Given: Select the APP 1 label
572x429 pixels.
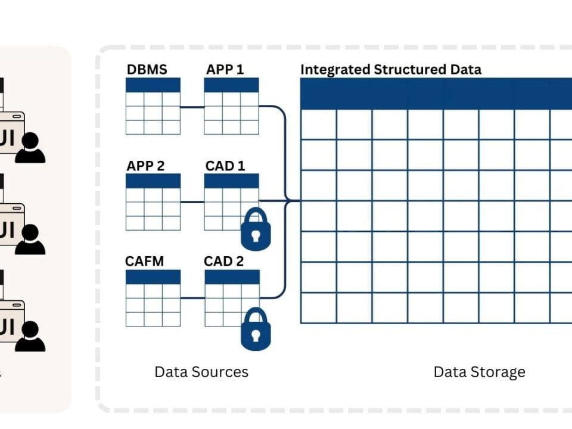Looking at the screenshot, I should [225, 69].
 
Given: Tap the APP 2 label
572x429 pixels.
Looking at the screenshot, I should [145, 165].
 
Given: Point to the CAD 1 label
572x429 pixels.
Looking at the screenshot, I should [225, 165].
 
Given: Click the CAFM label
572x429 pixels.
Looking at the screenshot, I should [144, 261].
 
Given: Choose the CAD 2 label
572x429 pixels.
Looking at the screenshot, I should [224, 261].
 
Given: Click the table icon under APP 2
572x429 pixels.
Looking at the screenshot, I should [153, 202].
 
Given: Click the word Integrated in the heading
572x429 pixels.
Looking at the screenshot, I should [335, 69].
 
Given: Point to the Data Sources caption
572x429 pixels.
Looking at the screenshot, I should [201, 372].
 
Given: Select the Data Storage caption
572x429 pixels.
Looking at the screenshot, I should [479, 372].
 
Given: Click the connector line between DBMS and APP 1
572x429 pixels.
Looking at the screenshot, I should [192, 108].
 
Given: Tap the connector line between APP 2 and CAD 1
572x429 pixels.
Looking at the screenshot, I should [192, 202].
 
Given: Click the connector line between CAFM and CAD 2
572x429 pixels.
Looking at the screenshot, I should [192, 298].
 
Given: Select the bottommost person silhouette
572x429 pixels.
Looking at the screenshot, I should [30, 337].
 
